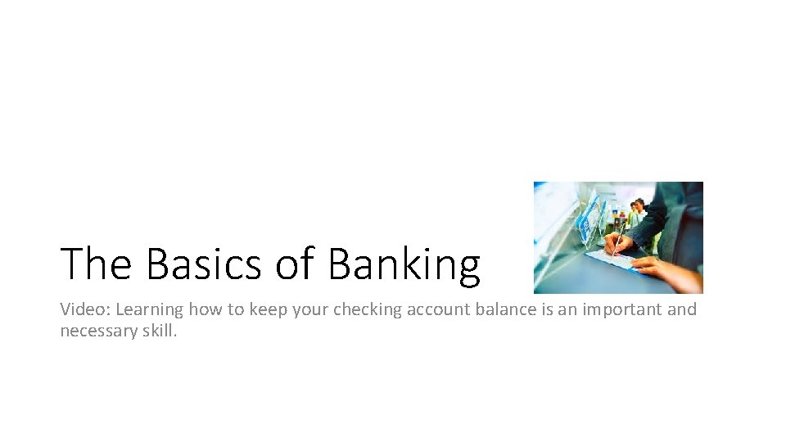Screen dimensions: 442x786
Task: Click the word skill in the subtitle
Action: (156, 331)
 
